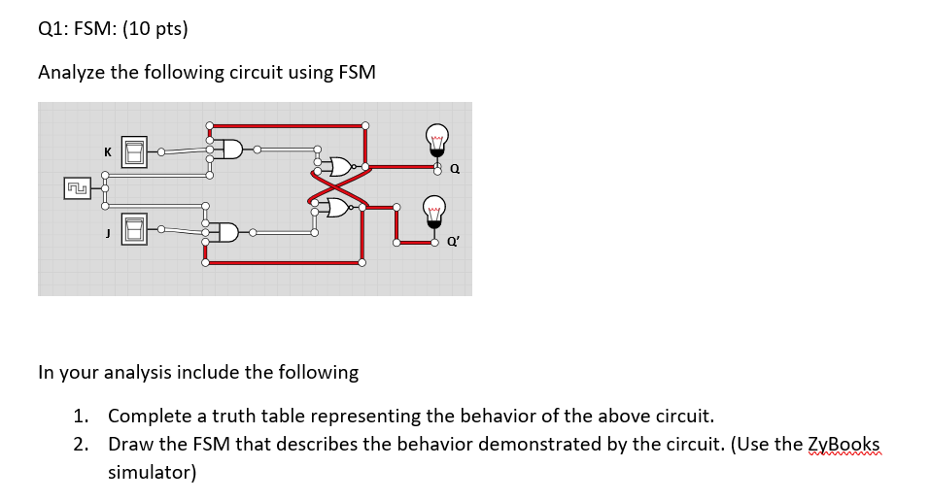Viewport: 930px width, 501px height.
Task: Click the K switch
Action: click(x=134, y=152)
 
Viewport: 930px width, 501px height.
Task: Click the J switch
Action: click(x=134, y=229)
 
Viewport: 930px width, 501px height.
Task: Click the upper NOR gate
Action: click(x=342, y=168)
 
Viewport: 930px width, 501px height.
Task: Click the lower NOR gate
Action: click(x=339, y=207)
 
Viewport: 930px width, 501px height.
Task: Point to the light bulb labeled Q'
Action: click(x=434, y=216)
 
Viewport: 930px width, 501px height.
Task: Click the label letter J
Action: click(x=107, y=230)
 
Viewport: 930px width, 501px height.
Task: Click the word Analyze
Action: click(x=71, y=73)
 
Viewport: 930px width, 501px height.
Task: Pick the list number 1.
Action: click(x=81, y=417)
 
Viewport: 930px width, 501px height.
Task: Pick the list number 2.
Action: click(x=81, y=445)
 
